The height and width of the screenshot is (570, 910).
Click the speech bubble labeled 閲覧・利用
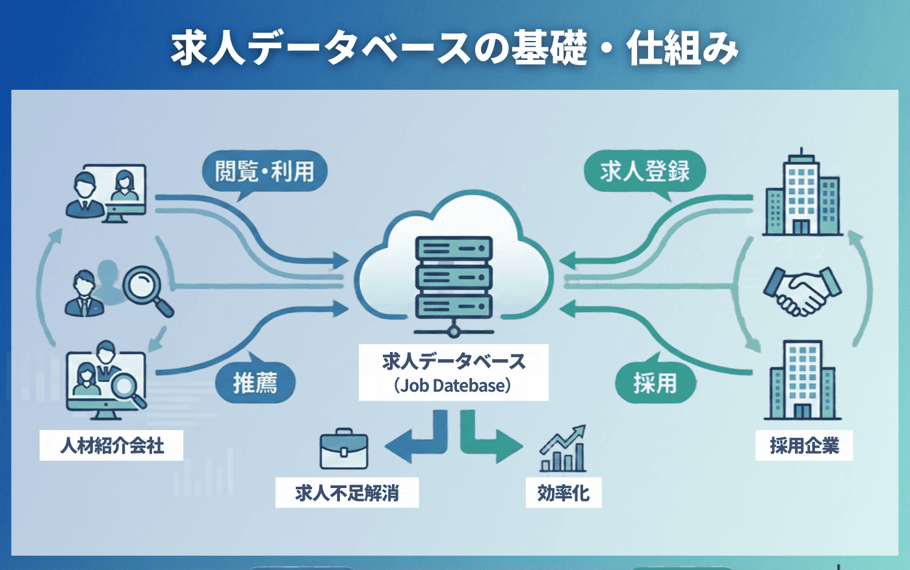click(x=264, y=172)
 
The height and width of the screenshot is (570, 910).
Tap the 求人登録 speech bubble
click(x=644, y=171)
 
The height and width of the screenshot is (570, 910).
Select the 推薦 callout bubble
click(x=255, y=383)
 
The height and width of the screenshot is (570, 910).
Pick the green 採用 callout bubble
click(x=655, y=383)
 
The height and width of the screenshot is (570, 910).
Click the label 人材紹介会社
click(x=112, y=446)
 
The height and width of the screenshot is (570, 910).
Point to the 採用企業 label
click(x=804, y=446)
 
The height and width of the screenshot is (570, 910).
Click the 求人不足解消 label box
click(x=347, y=493)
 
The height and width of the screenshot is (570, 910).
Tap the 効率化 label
click(x=564, y=493)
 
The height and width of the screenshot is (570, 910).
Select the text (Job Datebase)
click(x=453, y=386)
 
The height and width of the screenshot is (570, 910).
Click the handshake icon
click(x=802, y=291)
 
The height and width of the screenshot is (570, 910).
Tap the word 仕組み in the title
click(x=682, y=49)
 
